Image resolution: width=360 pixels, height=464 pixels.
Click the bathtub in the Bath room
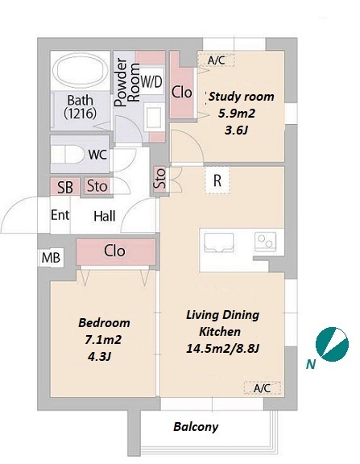click(x=81, y=70)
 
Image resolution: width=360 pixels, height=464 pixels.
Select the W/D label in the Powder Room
click(x=151, y=81)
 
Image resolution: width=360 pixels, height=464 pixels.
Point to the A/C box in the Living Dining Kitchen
click(x=262, y=388)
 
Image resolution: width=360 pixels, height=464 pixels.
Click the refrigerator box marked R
click(x=217, y=180)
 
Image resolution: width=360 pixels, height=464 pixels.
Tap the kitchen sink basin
click(x=219, y=242)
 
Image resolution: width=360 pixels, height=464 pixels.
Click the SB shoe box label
click(x=65, y=187)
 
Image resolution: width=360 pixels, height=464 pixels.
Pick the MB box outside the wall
click(x=51, y=258)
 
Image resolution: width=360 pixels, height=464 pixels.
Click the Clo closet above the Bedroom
click(x=116, y=252)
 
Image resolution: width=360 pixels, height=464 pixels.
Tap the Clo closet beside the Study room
click(x=182, y=93)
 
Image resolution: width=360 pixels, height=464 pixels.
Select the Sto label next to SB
click(x=97, y=186)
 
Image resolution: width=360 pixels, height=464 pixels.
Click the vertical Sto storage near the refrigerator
click(x=160, y=179)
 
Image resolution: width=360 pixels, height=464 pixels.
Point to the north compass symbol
click(x=332, y=344)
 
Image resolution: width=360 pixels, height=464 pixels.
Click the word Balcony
click(x=196, y=427)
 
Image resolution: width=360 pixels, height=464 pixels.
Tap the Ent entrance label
click(x=60, y=215)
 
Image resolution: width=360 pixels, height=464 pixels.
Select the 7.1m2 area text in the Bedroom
click(x=103, y=340)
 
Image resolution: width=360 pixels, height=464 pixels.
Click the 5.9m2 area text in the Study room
click(x=236, y=114)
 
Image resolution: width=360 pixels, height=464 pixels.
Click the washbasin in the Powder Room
click(x=154, y=116)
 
